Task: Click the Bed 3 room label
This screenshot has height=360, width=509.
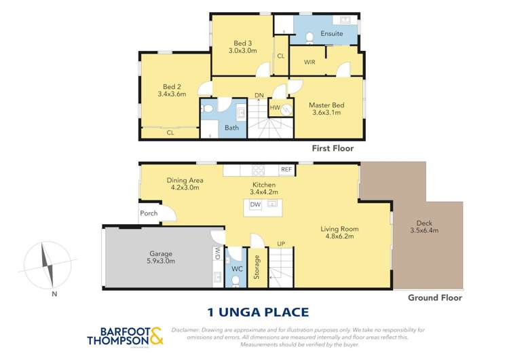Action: coord(242,46)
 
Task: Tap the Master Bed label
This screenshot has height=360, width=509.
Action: coord(327,109)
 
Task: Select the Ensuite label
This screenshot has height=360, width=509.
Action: coord(331,34)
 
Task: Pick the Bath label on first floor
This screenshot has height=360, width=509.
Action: coord(232,127)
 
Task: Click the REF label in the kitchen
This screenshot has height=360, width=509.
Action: coord(286,170)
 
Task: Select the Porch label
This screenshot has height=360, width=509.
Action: coord(149,213)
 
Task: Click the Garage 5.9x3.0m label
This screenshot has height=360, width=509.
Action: coord(157,256)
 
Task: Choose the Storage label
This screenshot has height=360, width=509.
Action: coord(257,268)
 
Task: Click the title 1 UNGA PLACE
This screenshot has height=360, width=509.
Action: coord(257,312)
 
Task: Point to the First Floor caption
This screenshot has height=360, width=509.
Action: coord(332,147)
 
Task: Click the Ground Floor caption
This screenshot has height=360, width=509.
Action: coord(434,298)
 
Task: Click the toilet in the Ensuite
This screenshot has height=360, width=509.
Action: coord(309,37)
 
